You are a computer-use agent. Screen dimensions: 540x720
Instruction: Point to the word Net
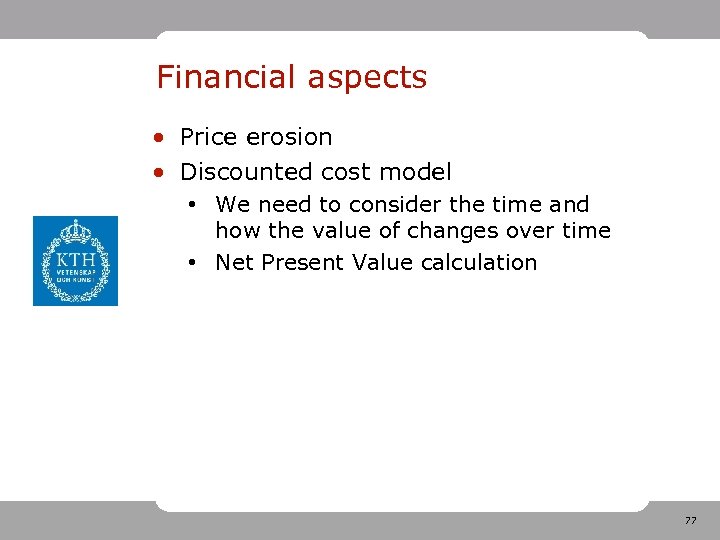pos(234,263)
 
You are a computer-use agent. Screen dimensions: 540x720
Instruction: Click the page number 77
pos(690,521)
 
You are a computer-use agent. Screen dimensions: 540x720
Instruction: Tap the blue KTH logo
pos(75,261)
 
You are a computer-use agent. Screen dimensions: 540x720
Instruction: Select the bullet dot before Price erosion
pos(159,138)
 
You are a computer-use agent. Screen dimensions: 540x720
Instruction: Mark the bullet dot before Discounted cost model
pos(159,173)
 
